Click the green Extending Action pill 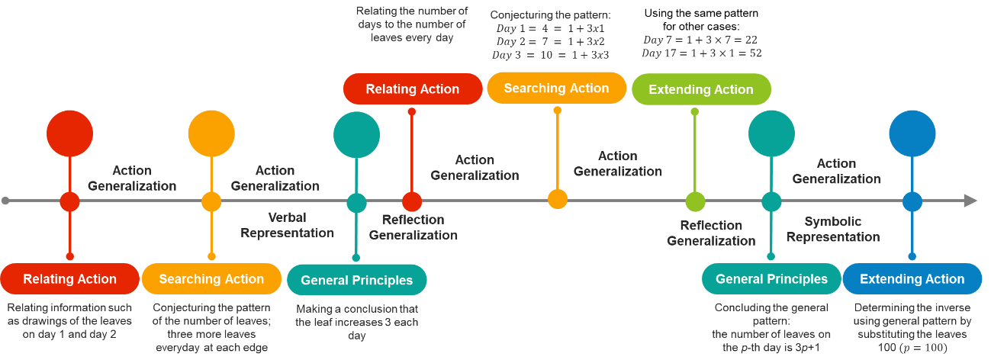pyautogui.click(x=701, y=89)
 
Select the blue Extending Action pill pyautogui.click(x=912, y=279)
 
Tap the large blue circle pyautogui.click(x=912, y=134)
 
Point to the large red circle pyautogui.click(x=69, y=134)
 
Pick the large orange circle pyautogui.click(x=211, y=134)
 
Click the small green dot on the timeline pyautogui.click(x=695, y=201)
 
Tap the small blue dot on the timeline pyautogui.click(x=912, y=201)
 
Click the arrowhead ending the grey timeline pyautogui.click(x=970, y=201)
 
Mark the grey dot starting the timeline pyautogui.click(x=6, y=201)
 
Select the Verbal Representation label pyautogui.click(x=287, y=225)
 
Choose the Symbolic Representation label pyautogui.click(x=833, y=229)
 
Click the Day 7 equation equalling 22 pyautogui.click(x=700, y=40)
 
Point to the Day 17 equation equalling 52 pyautogui.click(x=701, y=53)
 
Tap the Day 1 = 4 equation pyautogui.click(x=550, y=28)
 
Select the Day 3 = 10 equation pyautogui.click(x=550, y=55)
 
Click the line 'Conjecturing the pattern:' pyautogui.click(x=551, y=14)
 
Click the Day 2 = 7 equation pyautogui.click(x=550, y=41)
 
